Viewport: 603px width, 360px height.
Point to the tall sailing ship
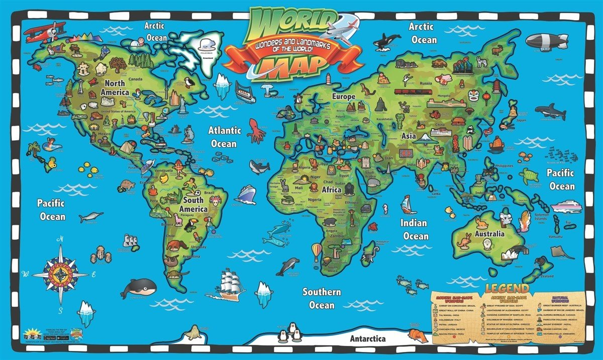click(x=231, y=284)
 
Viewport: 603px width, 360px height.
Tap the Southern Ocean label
click(x=322, y=299)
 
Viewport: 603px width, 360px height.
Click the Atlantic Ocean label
click(x=226, y=137)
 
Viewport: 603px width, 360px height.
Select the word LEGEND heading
click(x=507, y=289)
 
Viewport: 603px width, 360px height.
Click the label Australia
click(x=490, y=234)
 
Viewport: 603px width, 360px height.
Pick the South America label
click(x=193, y=204)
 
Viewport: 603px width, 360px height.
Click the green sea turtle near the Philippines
click(x=529, y=175)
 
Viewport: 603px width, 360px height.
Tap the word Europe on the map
click(x=344, y=96)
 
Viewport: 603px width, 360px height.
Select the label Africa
click(x=332, y=190)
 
